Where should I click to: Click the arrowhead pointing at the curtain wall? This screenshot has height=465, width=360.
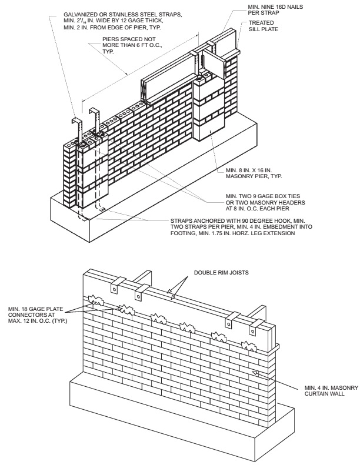(254, 373)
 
